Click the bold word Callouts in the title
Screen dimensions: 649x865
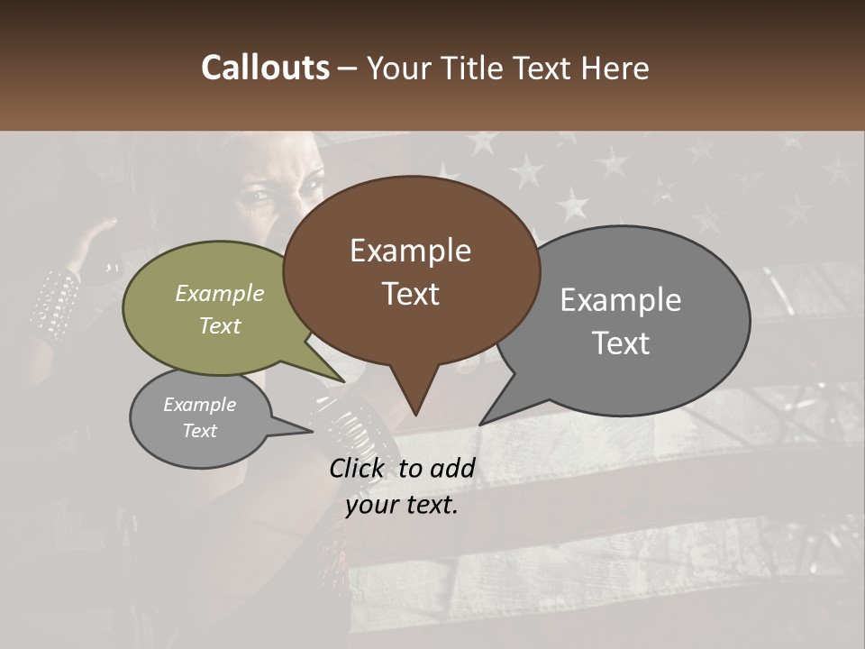coord(265,68)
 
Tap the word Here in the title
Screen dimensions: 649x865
coord(616,69)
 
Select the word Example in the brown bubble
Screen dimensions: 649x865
coord(410,251)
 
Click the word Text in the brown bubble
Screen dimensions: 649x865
coord(411,294)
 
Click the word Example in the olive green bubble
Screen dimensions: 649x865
coord(220,294)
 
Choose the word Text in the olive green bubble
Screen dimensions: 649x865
coord(220,325)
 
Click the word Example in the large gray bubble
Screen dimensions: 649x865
coord(621,300)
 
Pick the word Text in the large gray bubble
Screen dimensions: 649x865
coord(621,343)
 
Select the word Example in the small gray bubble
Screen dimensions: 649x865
coord(199,405)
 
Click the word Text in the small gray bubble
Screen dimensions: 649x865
coord(199,431)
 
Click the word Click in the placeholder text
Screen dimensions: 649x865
coord(357,468)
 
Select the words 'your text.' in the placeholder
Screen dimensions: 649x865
coord(402,506)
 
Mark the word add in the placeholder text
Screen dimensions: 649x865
coord(452,468)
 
